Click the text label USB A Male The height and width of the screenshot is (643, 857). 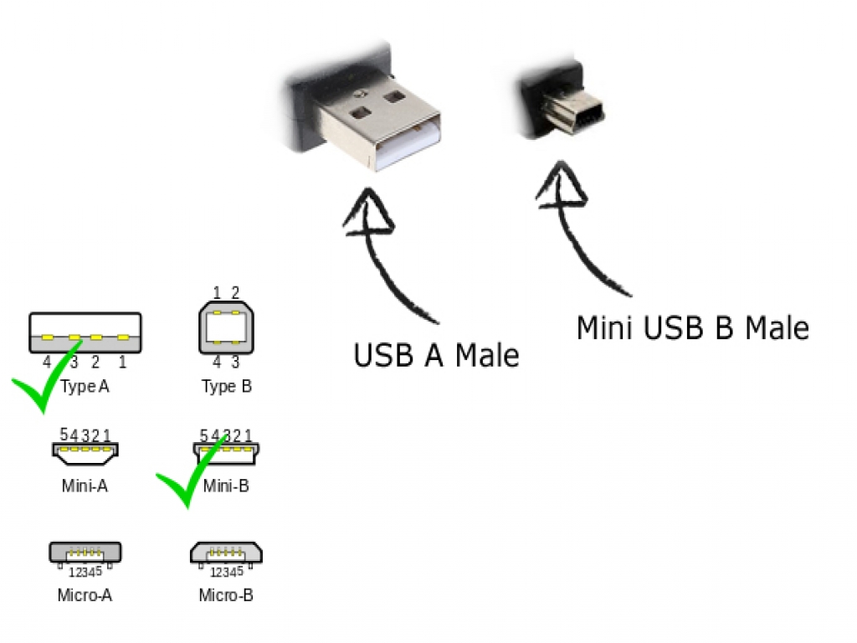point(436,355)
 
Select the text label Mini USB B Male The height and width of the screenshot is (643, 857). point(692,327)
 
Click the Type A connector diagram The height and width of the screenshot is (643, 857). point(85,332)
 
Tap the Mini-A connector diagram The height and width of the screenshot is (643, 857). point(85,452)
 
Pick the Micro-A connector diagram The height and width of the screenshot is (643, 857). point(85,553)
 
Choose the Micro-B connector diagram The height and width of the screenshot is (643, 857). point(226,553)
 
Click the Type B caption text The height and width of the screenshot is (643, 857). point(226,387)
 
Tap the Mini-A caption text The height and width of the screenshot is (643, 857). point(85,486)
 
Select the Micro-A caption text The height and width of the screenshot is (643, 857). point(85,596)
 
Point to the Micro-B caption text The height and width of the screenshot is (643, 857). point(226,596)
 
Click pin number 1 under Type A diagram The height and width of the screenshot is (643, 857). point(122,362)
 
